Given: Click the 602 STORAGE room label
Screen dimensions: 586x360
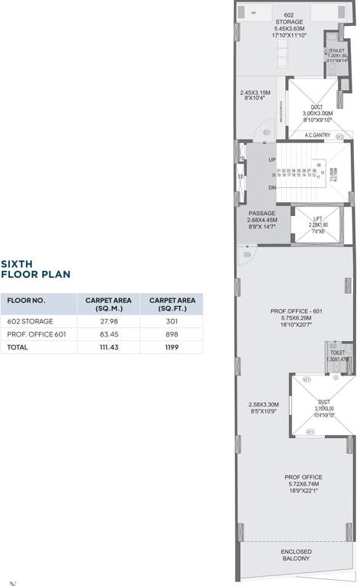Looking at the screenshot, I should [289, 19].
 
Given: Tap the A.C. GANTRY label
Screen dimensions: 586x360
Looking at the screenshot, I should [317, 136].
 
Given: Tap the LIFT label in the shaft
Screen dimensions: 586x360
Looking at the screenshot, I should [317, 217].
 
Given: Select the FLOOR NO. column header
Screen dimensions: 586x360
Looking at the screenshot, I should [26, 301].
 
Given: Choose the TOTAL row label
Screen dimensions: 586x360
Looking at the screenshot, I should [18, 346].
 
